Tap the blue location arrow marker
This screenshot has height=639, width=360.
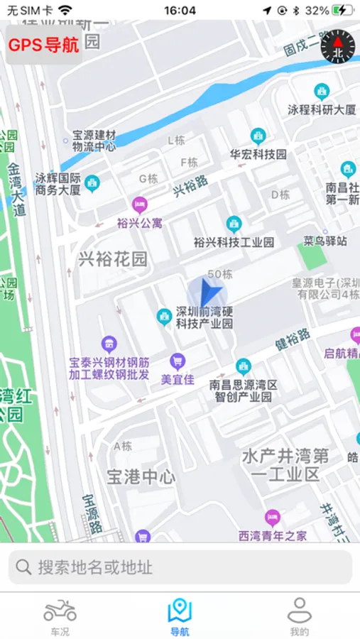[207, 294]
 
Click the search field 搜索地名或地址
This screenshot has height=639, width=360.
[180, 567]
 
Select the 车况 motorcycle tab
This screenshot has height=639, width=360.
[60, 616]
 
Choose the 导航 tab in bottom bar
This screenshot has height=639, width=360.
[180, 616]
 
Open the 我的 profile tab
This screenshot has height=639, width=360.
[299, 616]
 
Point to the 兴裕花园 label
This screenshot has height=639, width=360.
[113, 259]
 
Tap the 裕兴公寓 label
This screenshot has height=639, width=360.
[139, 222]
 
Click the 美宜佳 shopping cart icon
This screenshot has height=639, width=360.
[178, 361]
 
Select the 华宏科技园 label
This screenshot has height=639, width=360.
[258, 154]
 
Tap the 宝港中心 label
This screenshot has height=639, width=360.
[141, 476]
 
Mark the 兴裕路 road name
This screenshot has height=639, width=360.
[191, 186]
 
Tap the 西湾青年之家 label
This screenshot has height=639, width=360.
[273, 535]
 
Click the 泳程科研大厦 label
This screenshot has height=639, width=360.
[322, 109]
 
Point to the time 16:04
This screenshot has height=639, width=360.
[180, 11]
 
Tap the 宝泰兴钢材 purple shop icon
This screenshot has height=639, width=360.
[109, 344]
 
